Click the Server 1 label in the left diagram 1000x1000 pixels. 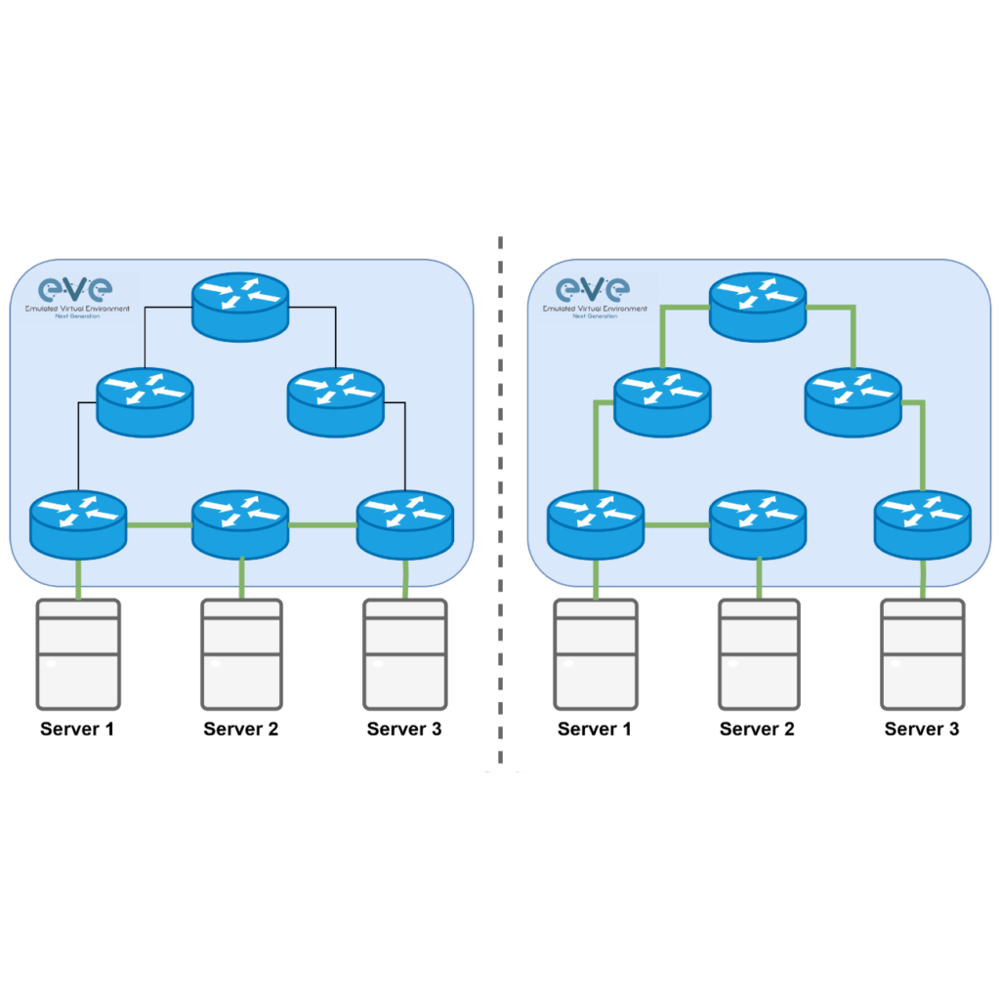coord(77,729)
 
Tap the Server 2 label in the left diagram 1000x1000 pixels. coord(241,729)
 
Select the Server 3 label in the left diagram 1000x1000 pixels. coord(404,729)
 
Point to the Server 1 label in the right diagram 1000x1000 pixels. coord(595,729)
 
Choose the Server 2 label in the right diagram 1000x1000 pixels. coord(757,729)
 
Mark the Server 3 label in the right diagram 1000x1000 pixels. coord(922,729)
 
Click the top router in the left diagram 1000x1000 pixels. coord(240,306)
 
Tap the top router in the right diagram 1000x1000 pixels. coord(758,306)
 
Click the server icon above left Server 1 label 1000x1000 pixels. coord(78,653)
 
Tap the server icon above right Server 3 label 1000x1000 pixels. coord(922,653)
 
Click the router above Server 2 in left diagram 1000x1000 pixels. coord(240,524)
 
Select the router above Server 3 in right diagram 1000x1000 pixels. coord(923,524)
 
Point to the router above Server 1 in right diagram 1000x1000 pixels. coord(595,524)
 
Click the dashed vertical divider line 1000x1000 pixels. coord(500,498)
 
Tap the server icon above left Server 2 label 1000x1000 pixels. coord(242,653)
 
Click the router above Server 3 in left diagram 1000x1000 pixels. coord(405,524)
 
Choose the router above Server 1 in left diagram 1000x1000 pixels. coord(78,524)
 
